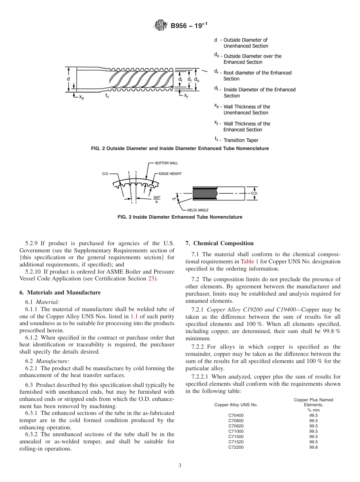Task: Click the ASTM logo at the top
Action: [x=160, y=26]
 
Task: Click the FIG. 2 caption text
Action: [x=180, y=149]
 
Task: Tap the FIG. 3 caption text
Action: [x=180, y=217]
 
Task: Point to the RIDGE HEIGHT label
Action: [x=170, y=174]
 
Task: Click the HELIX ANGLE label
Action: [x=197, y=210]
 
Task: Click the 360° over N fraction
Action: [x=157, y=199]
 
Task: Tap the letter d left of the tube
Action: [x=68, y=79]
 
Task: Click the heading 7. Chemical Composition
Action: [x=219, y=243]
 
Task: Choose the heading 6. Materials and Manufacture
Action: [x=60, y=293]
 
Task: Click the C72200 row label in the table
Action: [x=236, y=447]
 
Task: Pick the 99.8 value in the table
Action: [x=313, y=447]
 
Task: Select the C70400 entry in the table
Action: [x=236, y=415]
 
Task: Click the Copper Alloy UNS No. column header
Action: [x=236, y=405]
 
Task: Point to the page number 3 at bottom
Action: [x=180, y=466]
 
